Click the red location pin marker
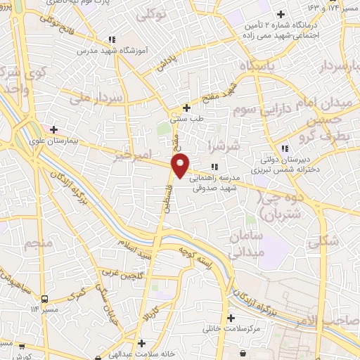point(181,165)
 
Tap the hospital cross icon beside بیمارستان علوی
point(54,129)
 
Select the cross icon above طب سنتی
point(186,108)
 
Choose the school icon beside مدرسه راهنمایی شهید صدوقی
point(215,167)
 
